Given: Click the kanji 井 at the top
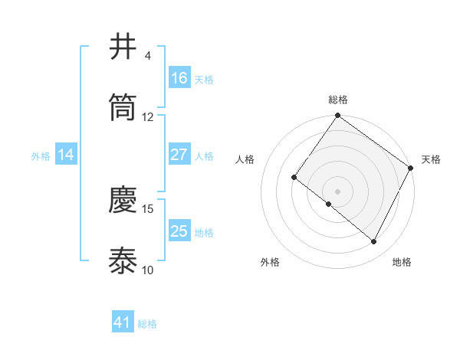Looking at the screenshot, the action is tap(123, 47).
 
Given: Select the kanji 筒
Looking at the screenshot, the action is tap(123, 108).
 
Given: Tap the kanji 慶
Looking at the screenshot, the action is tap(123, 200).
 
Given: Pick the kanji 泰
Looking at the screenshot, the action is tap(123, 261).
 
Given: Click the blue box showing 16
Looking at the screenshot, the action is tap(179, 78).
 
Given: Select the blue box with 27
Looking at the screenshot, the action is tap(179, 155).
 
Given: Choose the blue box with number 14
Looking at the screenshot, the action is tap(66, 155).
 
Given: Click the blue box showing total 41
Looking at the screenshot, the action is tap(123, 323).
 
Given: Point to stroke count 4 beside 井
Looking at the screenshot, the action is tap(148, 56).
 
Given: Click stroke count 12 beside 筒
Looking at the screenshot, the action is tap(148, 117).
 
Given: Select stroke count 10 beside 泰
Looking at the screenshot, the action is tap(148, 270).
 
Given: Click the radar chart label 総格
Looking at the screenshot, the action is tap(338, 100).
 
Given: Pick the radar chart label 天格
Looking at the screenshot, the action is tap(431, 159).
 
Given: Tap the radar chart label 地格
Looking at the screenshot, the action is tap(402, 262).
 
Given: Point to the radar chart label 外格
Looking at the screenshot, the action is tap(270, 262).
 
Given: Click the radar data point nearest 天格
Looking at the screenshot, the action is tap(411, 168).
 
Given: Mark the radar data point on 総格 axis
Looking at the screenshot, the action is tap(338, 116).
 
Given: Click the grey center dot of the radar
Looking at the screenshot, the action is tap(338, 191).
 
